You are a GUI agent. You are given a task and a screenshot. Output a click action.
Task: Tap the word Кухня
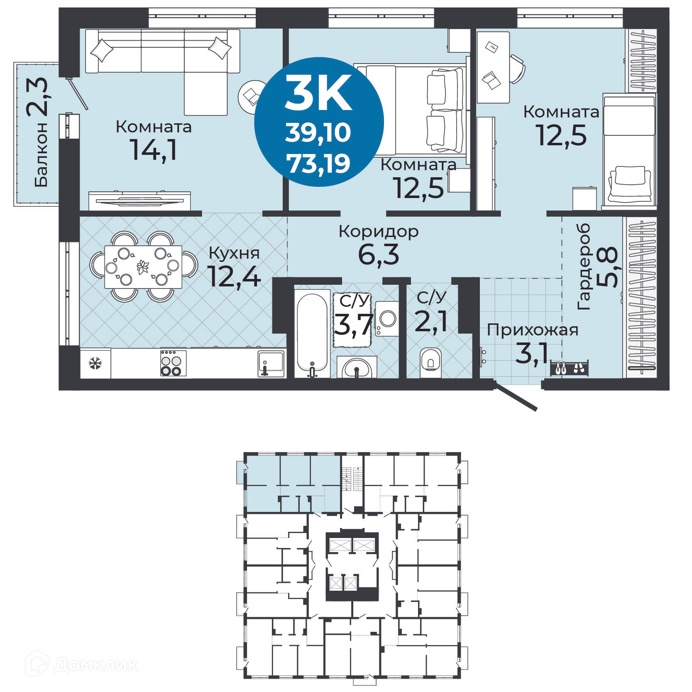click(x=234, y=253)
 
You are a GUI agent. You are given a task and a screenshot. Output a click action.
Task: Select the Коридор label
click(x=378, y=232)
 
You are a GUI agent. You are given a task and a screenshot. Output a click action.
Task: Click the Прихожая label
click(x=532, y=330)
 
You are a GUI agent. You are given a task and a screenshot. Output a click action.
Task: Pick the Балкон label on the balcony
click(x=41, y=154)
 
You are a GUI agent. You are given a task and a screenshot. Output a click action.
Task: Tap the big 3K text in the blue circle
click(x=318, y=93)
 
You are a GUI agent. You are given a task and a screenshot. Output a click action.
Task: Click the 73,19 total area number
click(x=318, y=164)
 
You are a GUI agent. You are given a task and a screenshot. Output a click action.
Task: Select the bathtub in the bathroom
click(x=312, y=332)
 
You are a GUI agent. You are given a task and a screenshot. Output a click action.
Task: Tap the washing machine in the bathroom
click(x=387, y=319)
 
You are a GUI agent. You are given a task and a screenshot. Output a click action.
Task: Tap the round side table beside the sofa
click(x=251, y=97)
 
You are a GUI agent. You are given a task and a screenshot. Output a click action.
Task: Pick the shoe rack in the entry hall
click(x=569, y=368)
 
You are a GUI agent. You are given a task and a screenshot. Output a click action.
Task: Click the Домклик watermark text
click(x=95, y=665)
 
